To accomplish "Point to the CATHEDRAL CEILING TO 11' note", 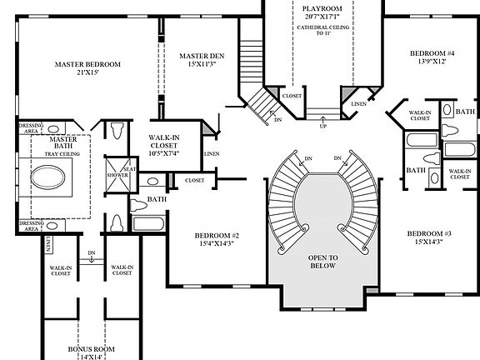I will (x=322, y=32).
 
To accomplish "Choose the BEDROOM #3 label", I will (x=429, y=237).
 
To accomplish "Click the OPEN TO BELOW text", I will (x=322, y=262).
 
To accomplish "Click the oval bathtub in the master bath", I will (x=52, y=177).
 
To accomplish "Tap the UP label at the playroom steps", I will (x=322, y=126).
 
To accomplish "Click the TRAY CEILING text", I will (x=62, y=153).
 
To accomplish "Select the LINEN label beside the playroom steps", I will (x=358, y=104).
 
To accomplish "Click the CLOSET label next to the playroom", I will (x=292, y=96).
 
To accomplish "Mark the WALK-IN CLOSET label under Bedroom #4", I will (x=420, y=115).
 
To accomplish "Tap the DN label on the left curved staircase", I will (x=307, y=158).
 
